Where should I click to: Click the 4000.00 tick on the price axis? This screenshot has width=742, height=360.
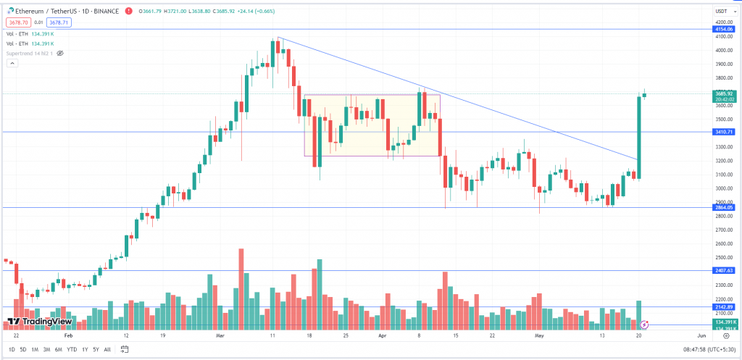coord(722,50)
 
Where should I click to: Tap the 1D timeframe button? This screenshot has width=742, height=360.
coord(11,349)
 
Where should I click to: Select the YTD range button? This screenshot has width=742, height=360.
coord(72,349)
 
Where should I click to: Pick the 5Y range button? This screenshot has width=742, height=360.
coord(96,349)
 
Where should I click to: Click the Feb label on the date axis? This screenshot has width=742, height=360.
coord(69,336)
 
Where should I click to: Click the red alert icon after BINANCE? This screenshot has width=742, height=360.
coord(128,12)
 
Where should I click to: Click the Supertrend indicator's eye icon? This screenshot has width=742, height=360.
coord(60,53)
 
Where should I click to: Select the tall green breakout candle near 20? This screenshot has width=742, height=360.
coord(638,138)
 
